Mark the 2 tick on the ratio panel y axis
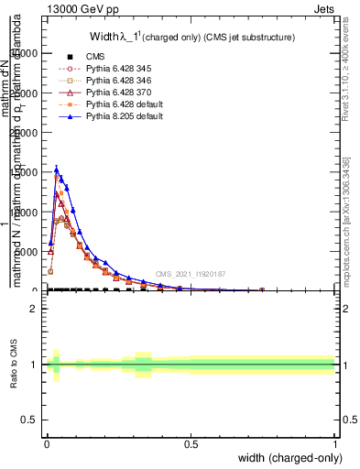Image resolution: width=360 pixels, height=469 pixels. tap(36, 309)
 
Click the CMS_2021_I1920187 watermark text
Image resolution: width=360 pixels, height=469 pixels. tap(191, 274)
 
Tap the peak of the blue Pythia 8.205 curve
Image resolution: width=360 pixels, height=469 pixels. tap(57, 169)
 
